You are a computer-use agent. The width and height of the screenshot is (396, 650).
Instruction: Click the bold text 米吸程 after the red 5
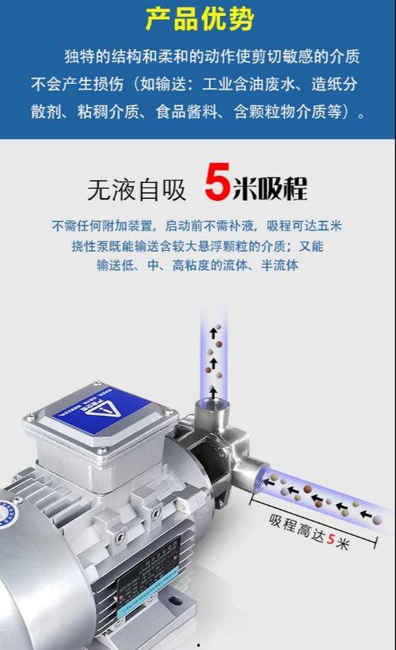[x=268, y=188]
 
